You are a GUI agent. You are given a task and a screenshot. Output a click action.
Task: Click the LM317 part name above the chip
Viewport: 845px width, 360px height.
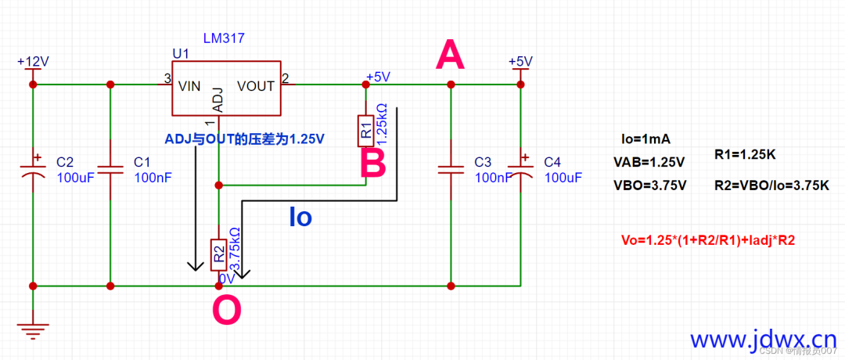point(225,38)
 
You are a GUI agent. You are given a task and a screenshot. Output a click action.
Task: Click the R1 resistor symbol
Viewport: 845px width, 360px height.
point(365,130)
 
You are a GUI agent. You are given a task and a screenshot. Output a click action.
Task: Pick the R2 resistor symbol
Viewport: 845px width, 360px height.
point(219,254)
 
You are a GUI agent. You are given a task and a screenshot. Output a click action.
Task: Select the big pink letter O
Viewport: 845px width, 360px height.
point(227,311)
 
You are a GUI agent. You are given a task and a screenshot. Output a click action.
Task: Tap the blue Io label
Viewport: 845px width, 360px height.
point(300,217)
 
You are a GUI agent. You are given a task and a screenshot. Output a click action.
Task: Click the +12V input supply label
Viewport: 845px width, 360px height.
point(33,61)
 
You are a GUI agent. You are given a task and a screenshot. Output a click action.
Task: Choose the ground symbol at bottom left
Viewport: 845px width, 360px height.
point(33,329)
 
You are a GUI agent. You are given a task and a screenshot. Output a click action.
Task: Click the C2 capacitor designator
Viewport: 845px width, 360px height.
point(66,162)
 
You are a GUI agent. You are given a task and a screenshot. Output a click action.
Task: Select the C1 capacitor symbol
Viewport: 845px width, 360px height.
point(110,169)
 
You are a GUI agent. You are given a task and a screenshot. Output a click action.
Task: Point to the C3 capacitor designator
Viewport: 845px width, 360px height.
point(483,162)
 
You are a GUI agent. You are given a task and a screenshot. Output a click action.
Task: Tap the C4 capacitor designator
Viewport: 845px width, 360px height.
point(552,162)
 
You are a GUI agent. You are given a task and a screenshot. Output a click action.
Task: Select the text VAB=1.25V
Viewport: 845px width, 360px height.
point(649,163)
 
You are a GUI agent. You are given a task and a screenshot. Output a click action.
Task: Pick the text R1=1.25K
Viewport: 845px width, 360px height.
point(745,154)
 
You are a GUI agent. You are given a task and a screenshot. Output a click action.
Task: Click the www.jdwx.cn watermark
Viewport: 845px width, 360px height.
point(763,340)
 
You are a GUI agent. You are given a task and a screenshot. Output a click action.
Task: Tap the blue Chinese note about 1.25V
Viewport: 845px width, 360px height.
point(244,139)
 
